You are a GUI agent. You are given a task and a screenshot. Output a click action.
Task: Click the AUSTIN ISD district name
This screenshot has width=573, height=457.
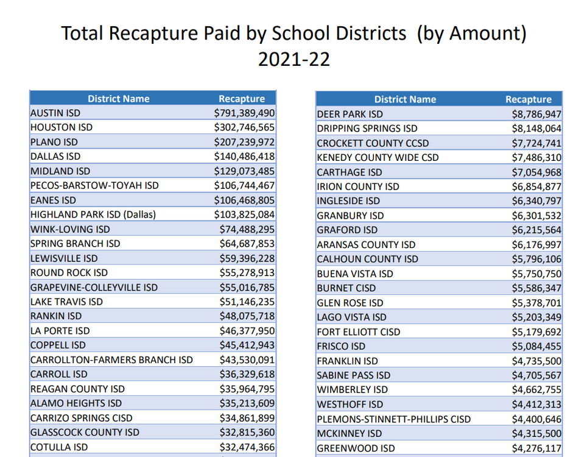(x=55, y=113)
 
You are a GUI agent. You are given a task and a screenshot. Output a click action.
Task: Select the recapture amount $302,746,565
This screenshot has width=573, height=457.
(x=244, y=128)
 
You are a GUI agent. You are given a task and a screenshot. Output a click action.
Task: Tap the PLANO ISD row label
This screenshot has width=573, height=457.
(x=54, y=142)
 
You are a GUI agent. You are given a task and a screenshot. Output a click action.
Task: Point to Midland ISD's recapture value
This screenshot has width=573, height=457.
(x=244, y=171)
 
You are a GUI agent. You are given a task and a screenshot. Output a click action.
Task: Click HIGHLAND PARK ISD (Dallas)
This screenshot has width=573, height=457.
(x=93, y=214)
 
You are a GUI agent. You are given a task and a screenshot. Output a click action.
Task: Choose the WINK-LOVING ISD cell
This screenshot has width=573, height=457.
(x=70, y=229)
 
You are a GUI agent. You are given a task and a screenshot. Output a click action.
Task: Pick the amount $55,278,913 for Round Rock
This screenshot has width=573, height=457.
(x=247, y=273)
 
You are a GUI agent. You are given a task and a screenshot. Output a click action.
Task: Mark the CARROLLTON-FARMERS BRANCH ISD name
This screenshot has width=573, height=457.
(x=111, y=360)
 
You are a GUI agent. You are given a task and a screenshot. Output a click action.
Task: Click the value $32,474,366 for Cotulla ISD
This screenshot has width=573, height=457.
(x=247, y=447)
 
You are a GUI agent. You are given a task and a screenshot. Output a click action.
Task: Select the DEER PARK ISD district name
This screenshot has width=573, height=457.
(x=350, y=114)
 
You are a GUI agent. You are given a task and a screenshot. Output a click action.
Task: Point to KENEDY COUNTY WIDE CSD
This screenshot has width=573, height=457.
(x=378, y=157)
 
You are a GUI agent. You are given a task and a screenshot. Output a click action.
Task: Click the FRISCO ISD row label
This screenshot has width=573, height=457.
(x=342, y=346)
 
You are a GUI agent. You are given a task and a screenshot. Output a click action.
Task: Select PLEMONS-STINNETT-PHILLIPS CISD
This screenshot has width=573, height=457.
(x=394, y=419)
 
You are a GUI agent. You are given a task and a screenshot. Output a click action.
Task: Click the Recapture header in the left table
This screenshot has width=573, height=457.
(x=242, y=99)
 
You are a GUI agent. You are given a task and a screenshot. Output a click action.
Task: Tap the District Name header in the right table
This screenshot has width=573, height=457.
(x=405, y=99)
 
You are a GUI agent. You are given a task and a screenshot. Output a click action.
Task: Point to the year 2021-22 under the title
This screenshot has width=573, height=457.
(x=294, y=59)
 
